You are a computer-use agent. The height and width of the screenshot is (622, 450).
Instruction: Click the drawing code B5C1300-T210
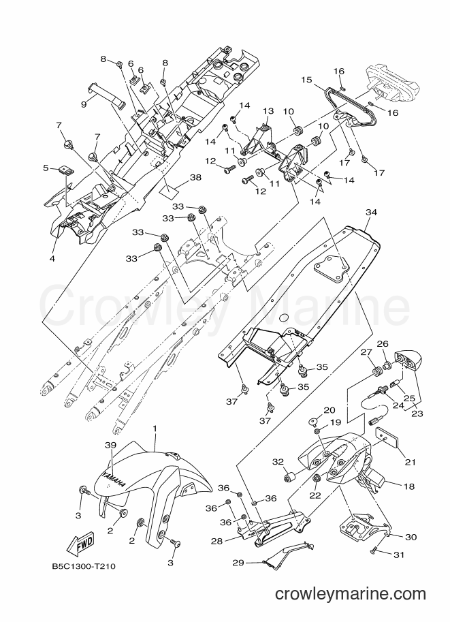pyautogui.click(x=83, y=566)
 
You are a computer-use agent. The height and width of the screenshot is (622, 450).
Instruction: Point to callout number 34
pyautogui.click(x=371, y=213)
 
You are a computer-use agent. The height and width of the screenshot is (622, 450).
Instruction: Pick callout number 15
pyautogui.click(x=306, y=79)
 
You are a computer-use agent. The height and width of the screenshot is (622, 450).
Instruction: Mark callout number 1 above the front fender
pyautogui.click(x=155, y=429)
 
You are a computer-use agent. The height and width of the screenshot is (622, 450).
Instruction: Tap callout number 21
pyautogui.click(x=411, y=461)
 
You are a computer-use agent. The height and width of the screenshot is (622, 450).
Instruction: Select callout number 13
pyautogui.click(x=268, y=110)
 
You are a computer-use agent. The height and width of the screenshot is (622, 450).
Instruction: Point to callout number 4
pyautogui.click(x=52, y=259)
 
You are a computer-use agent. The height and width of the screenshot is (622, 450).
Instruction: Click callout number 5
pyautogui.click(x=46, y=168)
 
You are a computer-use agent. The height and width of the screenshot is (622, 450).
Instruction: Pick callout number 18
pyautogui.click(x=408, y=486)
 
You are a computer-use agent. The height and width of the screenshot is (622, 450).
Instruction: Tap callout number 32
pyautogui.click(x=278, y=461)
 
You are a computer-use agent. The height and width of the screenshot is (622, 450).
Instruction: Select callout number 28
pyautogui.click(x=217, y=540)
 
